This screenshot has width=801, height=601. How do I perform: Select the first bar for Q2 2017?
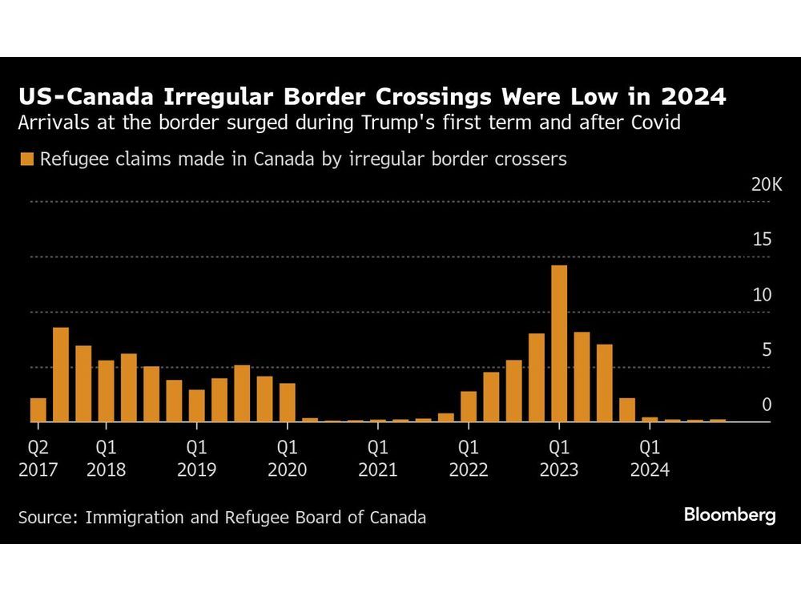coord(38,409)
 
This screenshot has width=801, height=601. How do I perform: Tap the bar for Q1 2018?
coord(107,390)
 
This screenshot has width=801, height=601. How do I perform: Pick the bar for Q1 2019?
coord(197,405)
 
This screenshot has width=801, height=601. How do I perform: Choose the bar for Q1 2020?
coord(288,401)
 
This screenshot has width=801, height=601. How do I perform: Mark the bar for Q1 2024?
coord(650,418)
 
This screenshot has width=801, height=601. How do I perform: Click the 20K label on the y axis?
coord(767,184)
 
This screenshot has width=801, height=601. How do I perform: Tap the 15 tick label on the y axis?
coord(762,240)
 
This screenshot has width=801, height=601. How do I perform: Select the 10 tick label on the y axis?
coord(762,295)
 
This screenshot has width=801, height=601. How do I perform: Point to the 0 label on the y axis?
coord(767,405)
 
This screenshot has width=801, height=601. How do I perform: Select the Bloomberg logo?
coord(730,515)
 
